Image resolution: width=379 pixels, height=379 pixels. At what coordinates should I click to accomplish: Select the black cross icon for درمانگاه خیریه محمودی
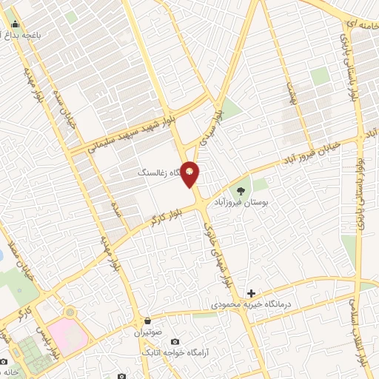tap(251, 294)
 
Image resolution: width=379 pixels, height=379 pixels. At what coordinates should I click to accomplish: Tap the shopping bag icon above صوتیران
tap(149, 321)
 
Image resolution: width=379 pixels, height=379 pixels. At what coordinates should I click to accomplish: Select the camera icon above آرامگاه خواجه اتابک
tap(175, 341)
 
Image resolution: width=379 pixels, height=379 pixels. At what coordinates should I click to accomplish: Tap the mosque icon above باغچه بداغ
tap(16, 23)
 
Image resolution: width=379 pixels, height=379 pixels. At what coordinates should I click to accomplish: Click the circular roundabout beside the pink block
tap(69, 313)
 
